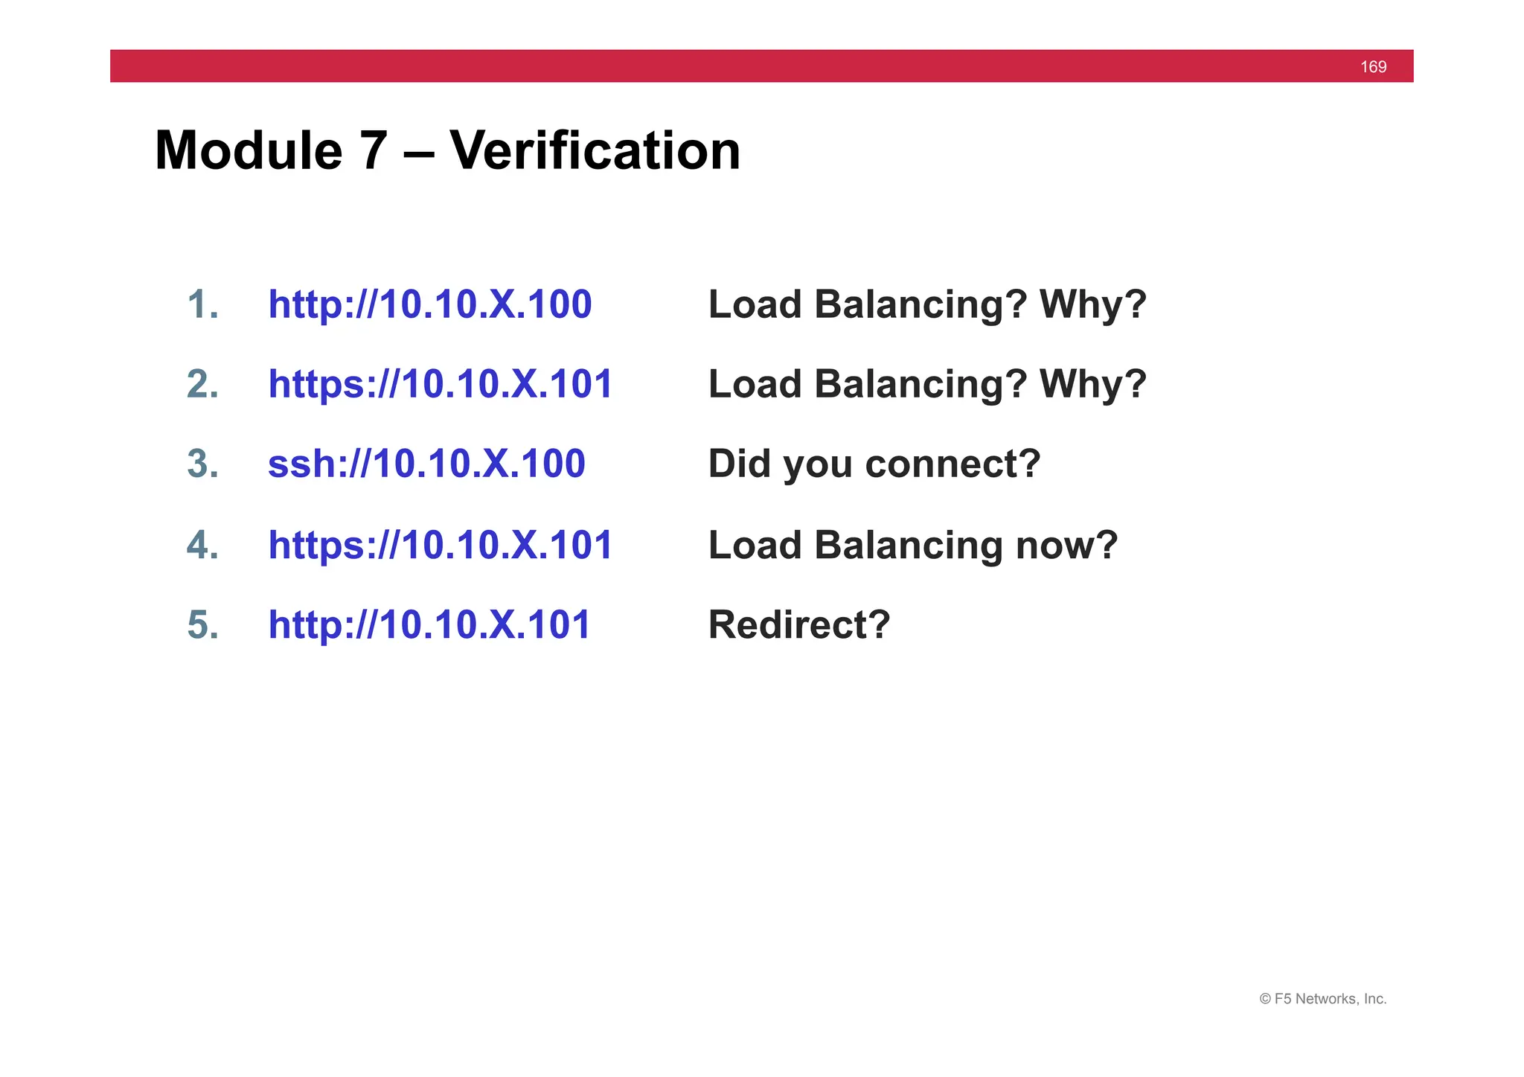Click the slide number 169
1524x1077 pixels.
point(1373,67)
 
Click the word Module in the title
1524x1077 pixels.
point(249,151)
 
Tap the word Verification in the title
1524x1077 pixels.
point(595,151)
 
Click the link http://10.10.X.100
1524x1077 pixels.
point(429,304)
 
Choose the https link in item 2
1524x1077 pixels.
point(440,384)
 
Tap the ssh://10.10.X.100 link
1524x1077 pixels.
point(426,464)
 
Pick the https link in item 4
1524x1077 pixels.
point(440,545)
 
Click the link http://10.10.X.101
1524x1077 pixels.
point(429,624)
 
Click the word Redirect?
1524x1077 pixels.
point(798,624)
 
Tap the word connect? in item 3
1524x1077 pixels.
point(952,464)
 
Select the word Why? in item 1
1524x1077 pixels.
point(1092,304)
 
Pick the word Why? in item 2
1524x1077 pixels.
point(1092,384)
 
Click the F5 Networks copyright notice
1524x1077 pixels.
point(1322,999)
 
